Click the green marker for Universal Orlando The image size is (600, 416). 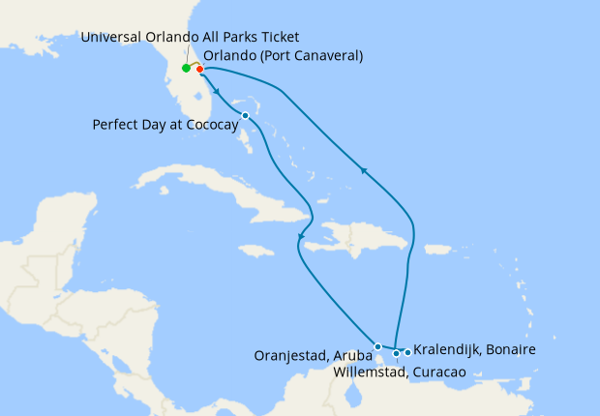[185, 68]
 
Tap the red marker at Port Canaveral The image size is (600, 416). [199, 69]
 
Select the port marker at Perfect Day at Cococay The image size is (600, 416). [246, 115]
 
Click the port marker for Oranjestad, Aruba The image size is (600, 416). [377, 345]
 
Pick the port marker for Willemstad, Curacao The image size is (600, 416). [396, 353]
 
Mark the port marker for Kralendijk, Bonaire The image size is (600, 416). [407, 351]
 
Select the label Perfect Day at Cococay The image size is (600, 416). [165, 124]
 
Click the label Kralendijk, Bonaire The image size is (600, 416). [474, 349]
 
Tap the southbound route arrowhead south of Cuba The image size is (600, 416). [301, 238]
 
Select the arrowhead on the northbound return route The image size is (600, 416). [364, 170]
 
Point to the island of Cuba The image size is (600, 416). [223, 189]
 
